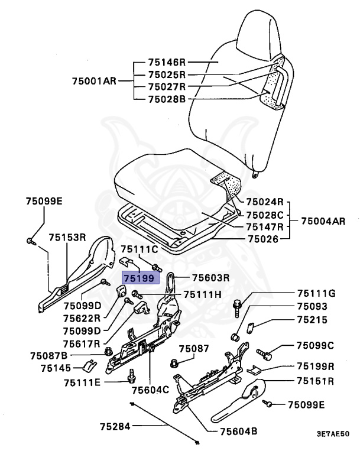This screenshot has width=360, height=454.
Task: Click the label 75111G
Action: [316, 294]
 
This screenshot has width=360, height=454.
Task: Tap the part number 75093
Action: [311, 306]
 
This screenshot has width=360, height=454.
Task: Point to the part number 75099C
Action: [315, 345]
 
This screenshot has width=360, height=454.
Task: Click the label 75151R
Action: [316, 381]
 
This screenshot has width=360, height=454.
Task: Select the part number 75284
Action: [115, 426]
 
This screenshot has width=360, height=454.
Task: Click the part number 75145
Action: [56, 368]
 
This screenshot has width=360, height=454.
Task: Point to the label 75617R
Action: [82, 342]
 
